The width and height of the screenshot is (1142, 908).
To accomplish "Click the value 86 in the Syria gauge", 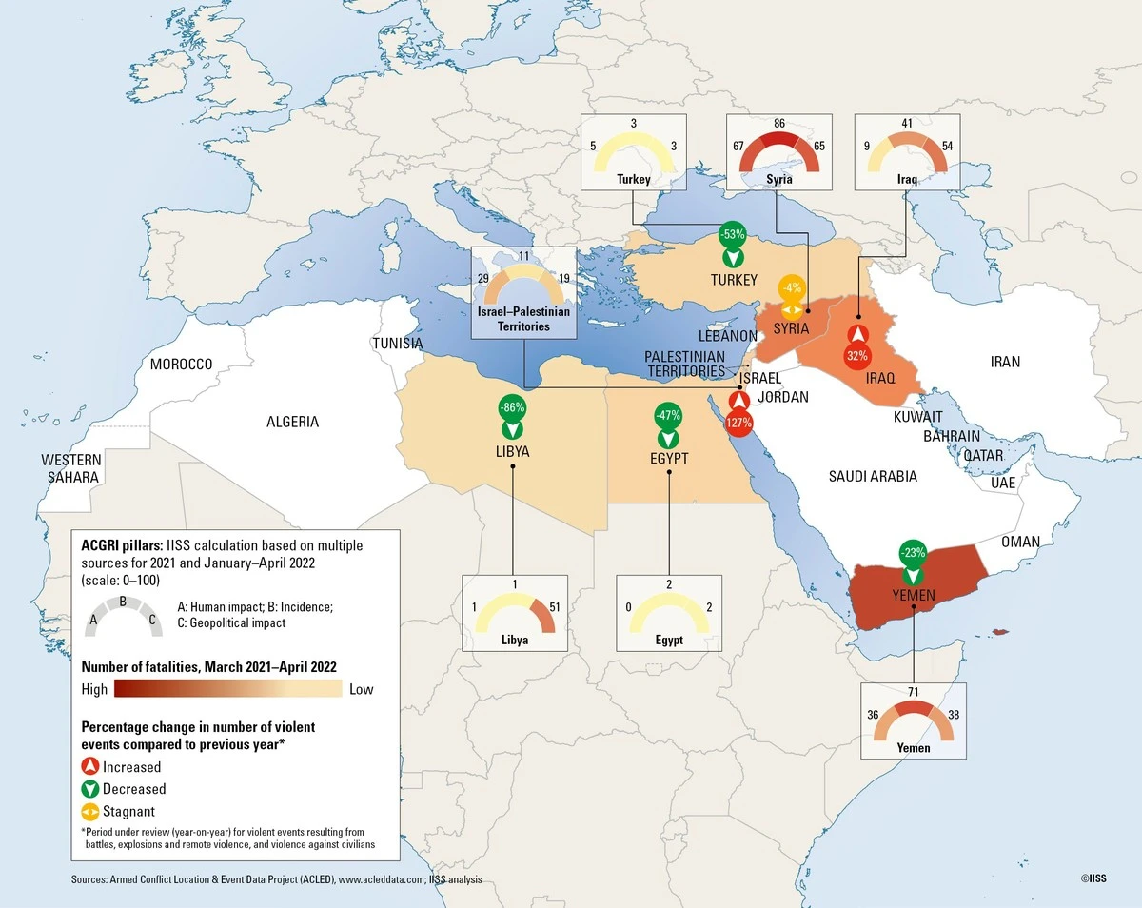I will point(778,124).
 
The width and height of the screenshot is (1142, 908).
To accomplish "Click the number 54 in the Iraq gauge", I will point(947,146).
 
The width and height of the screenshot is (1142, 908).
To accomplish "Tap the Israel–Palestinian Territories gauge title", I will point(524,319).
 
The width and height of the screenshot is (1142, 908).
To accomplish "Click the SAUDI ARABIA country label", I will point(872,476).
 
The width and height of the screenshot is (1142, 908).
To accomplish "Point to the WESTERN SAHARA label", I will point(71,468).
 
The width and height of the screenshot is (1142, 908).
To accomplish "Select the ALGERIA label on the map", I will point(292,422).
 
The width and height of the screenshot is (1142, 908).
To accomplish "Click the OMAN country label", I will point(1019,542).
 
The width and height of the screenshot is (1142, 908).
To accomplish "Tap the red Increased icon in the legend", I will point(90,767).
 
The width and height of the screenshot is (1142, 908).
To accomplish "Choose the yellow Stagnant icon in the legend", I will point(90,812).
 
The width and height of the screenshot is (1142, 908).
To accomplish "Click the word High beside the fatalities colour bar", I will point(94,689).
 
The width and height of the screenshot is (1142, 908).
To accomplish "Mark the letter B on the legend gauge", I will point(122,601).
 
